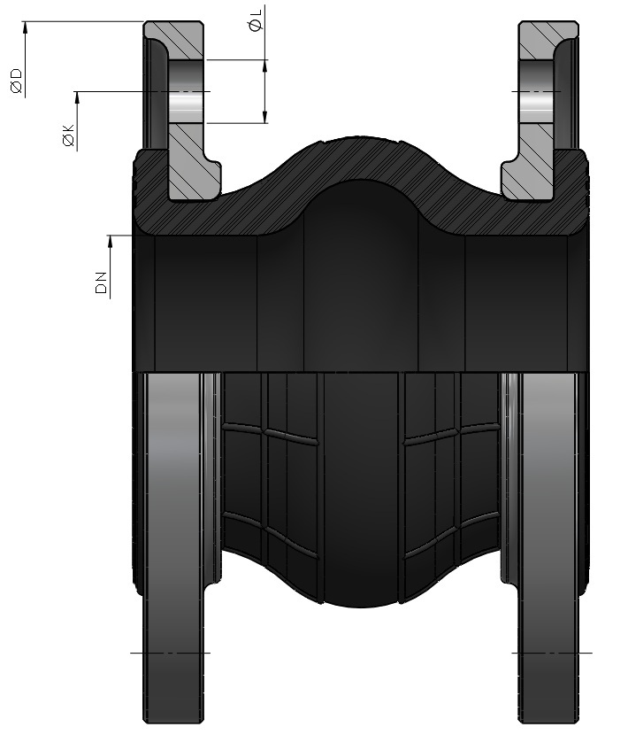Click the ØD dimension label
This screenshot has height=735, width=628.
coord(17,81)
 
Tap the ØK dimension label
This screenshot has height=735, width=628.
coord(68,135)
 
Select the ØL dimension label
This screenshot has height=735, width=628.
coord(257,19)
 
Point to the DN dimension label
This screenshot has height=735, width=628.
coord(101,282)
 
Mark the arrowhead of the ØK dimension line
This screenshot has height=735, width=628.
coord(77,97)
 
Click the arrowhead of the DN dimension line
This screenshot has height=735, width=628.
coord(111,241)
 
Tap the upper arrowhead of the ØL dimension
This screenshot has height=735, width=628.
coord(265,66)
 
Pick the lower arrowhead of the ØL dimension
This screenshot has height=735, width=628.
coord(265,117)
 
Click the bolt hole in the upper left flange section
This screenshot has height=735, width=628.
coord(186,91)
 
